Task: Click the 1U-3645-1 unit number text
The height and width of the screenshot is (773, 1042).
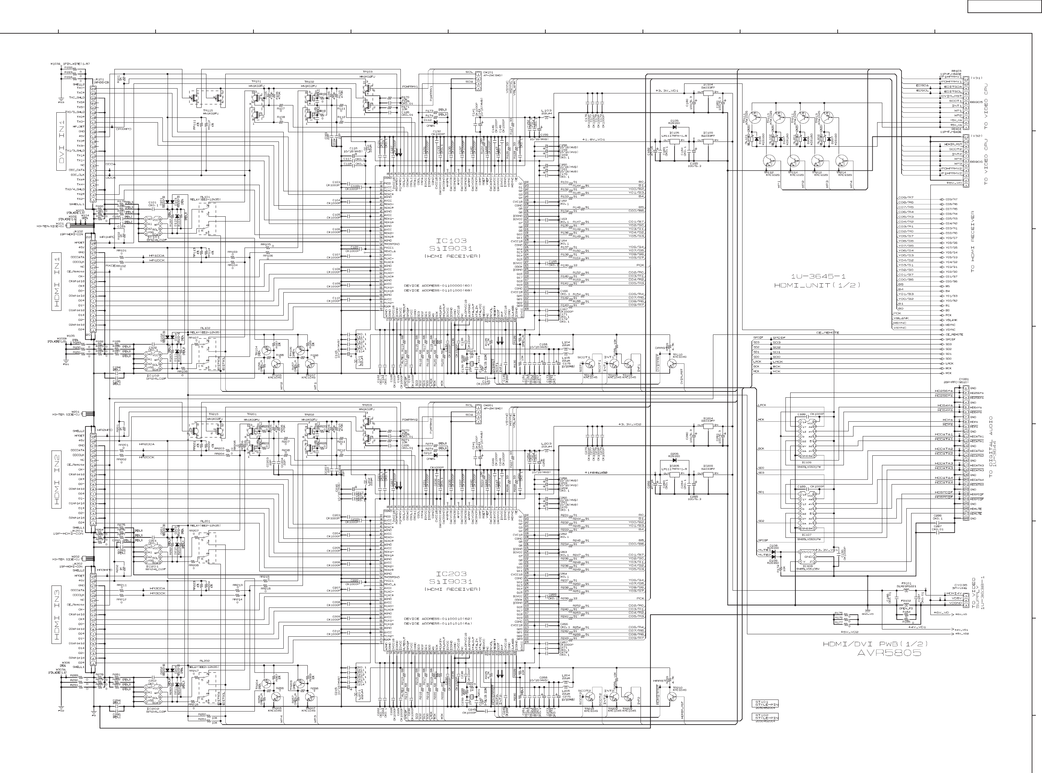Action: (817, 276)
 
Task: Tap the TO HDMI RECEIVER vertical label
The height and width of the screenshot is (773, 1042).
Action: (972, 241)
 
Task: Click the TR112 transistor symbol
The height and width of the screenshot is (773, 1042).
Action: (769, 161)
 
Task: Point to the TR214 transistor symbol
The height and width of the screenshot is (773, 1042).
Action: (842, 161)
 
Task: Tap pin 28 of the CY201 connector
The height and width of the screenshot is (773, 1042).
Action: (966, 519)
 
